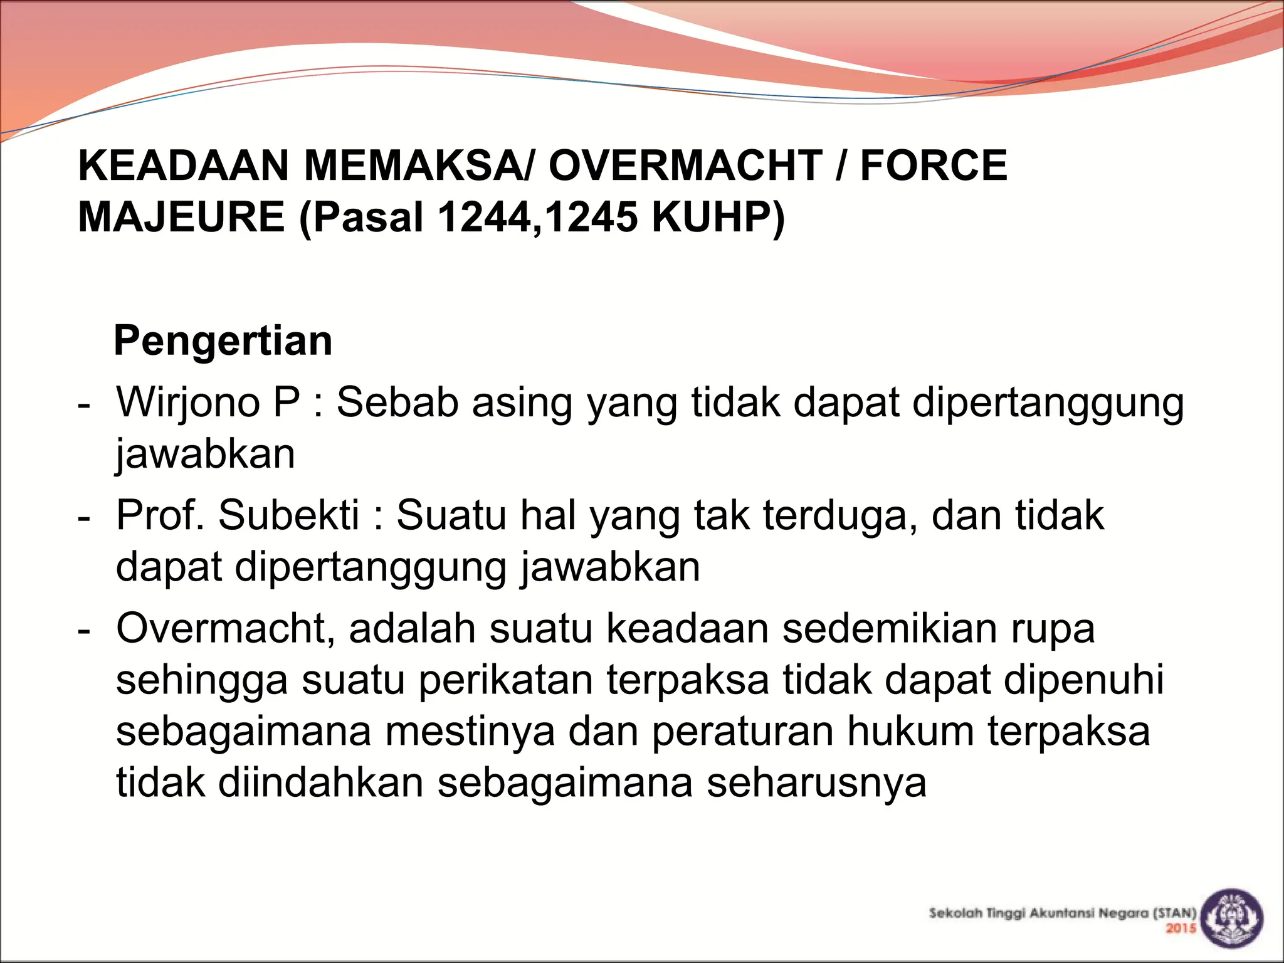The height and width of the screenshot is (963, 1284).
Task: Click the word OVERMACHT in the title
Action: coord(685,166)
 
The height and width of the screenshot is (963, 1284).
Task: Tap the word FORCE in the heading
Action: coord(933,166)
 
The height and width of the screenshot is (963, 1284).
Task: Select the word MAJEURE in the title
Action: coord(181,217)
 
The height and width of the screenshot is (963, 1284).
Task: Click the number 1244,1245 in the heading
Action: coord(537,217)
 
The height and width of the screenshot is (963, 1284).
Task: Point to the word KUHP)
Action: coord(718,217)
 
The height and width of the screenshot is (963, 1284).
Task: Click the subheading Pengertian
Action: coord(223,341)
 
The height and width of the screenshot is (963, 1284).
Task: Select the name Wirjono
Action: coord(188,402)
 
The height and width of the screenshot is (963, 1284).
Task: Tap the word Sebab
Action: coord(397,402)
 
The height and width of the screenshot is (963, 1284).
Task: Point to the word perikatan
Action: coord(505,680)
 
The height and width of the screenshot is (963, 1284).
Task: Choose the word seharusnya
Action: coord(816,783)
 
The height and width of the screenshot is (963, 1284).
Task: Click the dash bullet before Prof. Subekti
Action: coord(83,518)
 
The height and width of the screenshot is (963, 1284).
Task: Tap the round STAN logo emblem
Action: coord(1234,919)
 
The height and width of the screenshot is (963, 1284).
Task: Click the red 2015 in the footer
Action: coord(1181,929)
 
